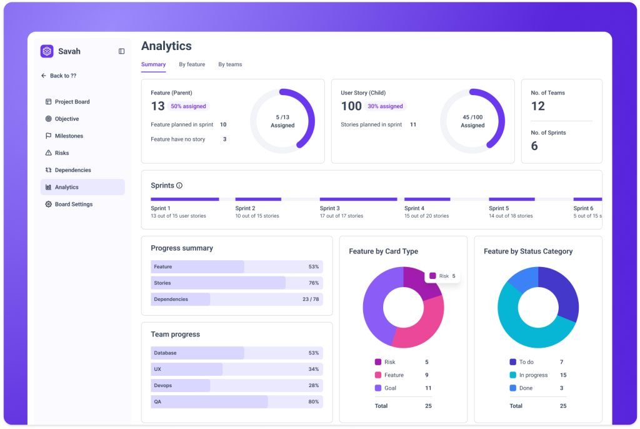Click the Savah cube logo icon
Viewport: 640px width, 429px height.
[47, 51]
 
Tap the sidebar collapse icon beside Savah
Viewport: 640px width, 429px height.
[122, 51]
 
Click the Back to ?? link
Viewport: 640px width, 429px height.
[59, 76]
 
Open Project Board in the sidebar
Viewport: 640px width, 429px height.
[67, 102]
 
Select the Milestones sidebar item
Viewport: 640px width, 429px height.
[64, 136]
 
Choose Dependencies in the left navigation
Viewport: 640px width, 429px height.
[69, 170]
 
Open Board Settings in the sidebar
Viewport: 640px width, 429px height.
[69, 204]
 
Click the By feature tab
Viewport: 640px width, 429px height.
[192, 64]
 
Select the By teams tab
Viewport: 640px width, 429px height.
[230, 64]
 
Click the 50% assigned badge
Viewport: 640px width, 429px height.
[188, 106]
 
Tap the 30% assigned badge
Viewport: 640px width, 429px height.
[385, 106]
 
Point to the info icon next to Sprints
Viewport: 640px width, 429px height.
[179, 186]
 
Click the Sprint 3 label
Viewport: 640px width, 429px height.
[330, 208]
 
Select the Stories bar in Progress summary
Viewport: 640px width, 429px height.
[237, 283]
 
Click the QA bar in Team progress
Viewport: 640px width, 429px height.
[237, 401]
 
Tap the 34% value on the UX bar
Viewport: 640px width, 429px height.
[314, 369]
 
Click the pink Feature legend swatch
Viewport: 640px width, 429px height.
[378, 375]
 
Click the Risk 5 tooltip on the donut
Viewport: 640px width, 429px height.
[443, 276]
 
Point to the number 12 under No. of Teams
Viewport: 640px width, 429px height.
[537, 106]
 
